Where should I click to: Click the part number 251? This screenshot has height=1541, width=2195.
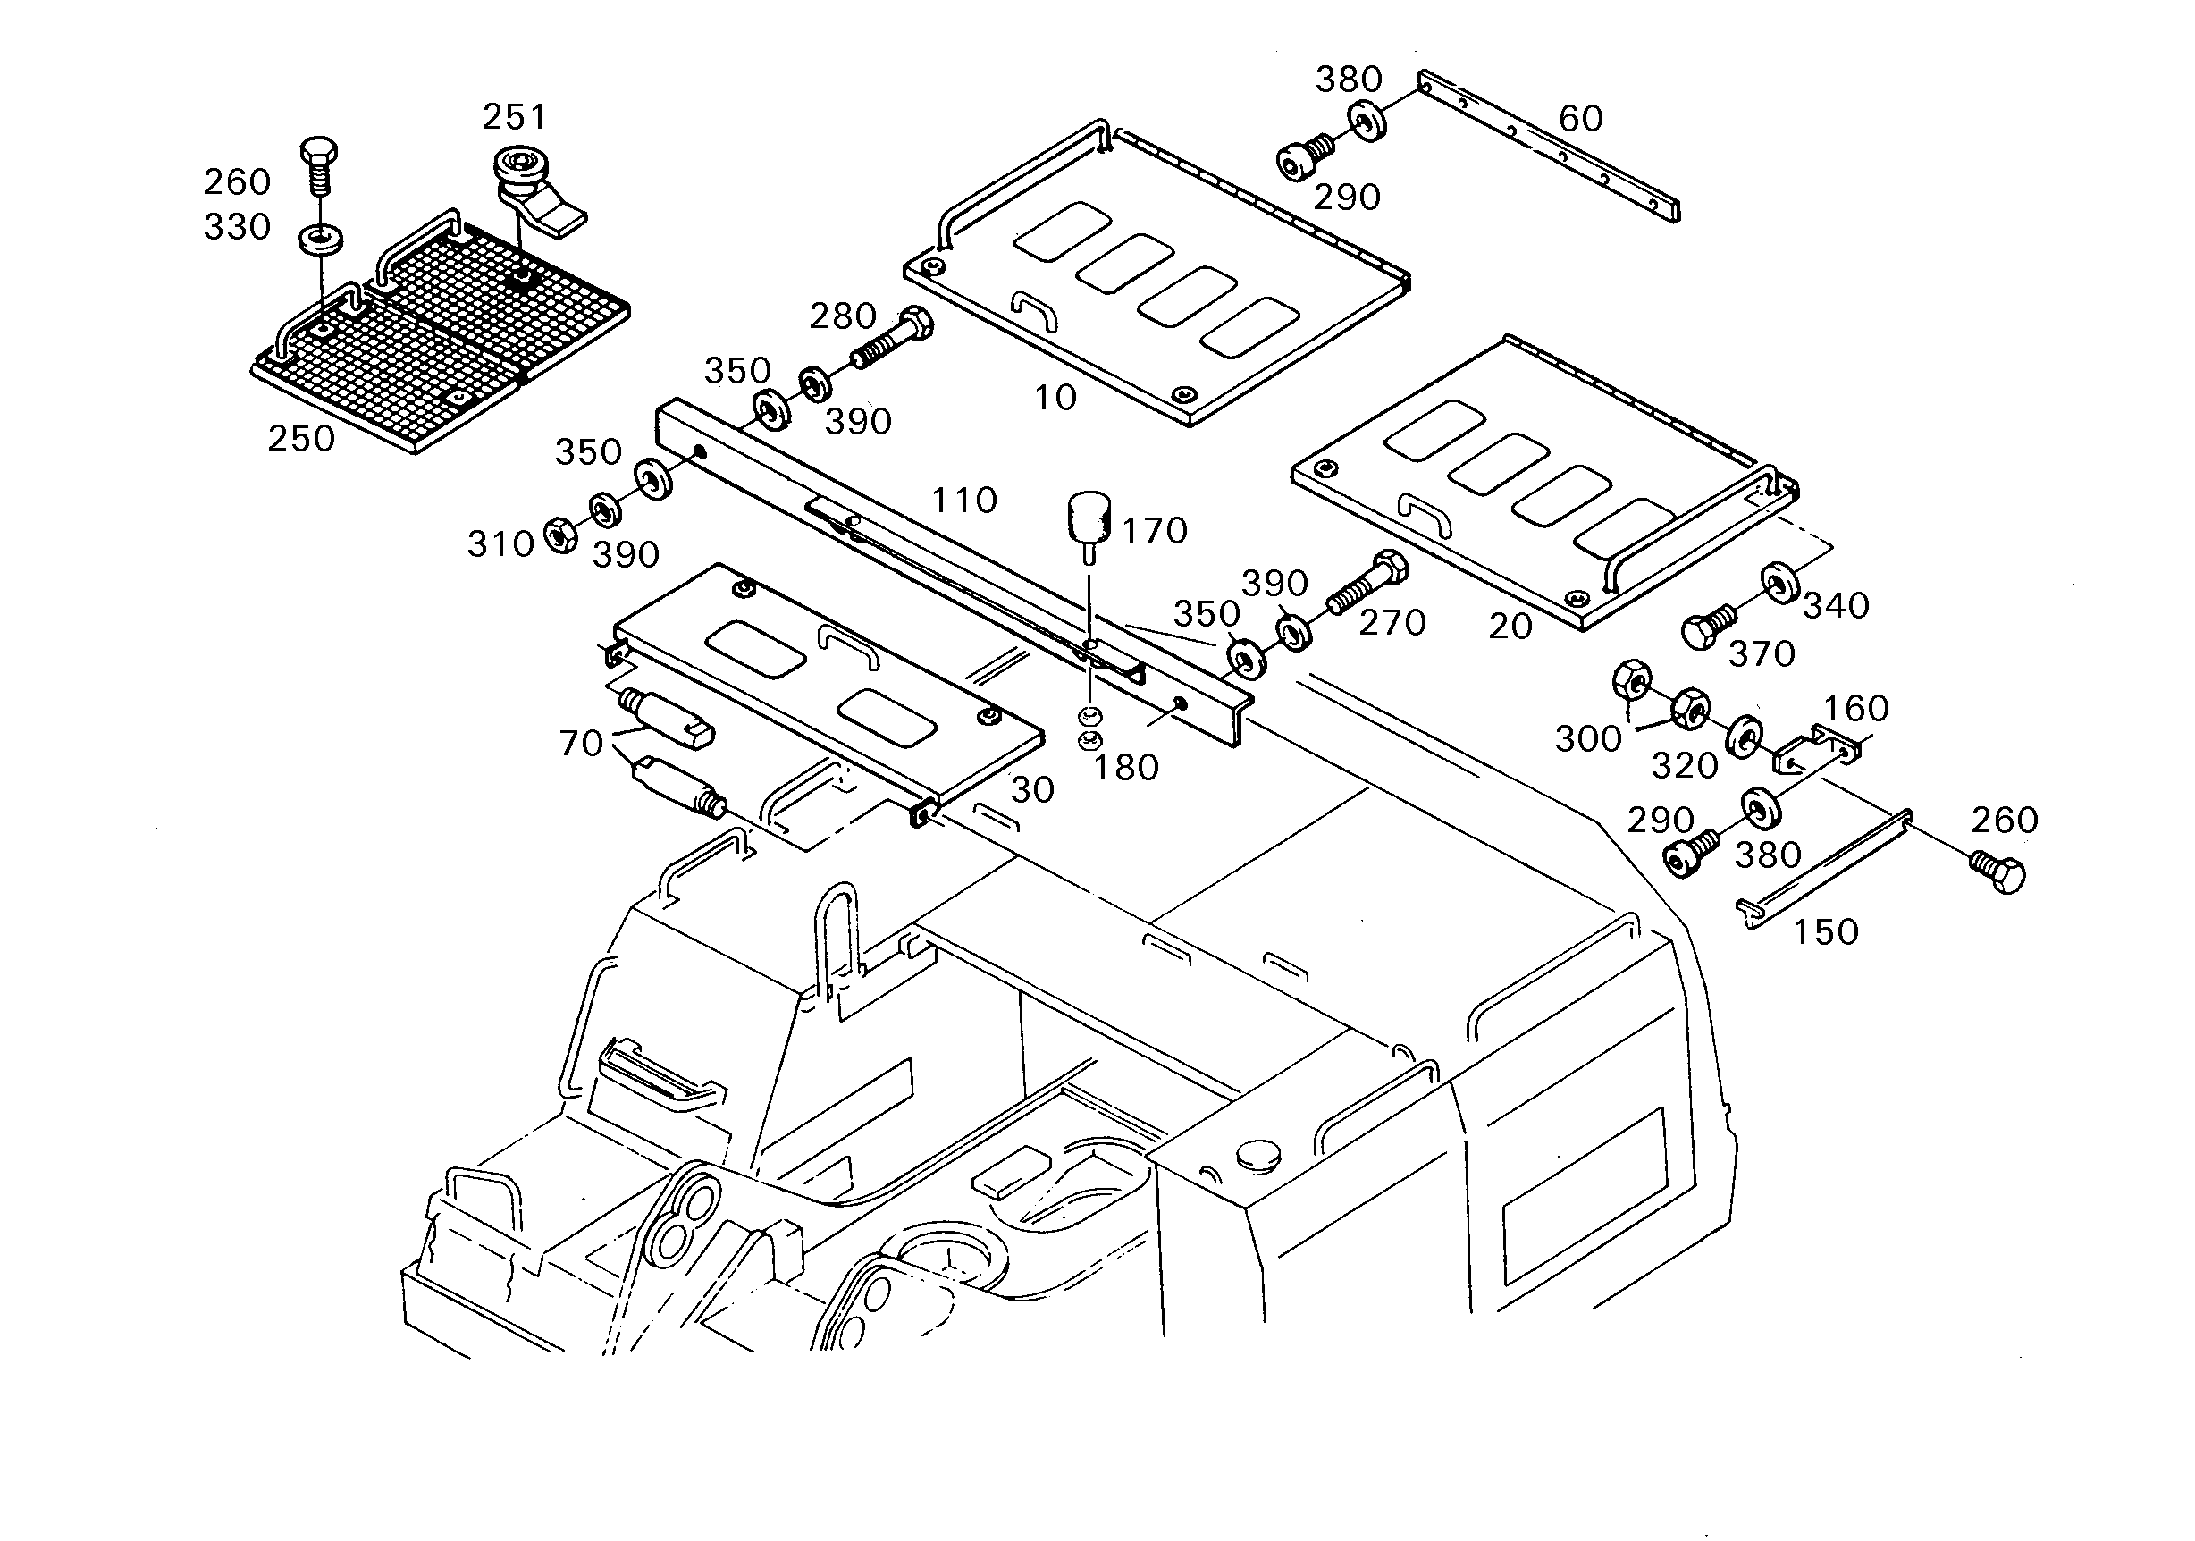[514, 118]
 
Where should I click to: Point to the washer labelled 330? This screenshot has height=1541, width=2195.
[320, 239]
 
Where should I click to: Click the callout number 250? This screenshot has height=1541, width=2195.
[301, 439]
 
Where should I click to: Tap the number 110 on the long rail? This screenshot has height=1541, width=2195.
[963, 500]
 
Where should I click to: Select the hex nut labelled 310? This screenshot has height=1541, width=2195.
[559, 534]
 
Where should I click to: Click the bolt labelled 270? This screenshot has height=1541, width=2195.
[1367, 583]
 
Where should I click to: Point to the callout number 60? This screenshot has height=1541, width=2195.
[1580, 119]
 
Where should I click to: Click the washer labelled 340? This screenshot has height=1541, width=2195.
[1779, 584]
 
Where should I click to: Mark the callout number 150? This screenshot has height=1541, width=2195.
[1825, 932]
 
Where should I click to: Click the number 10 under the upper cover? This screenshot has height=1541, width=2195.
[1055, 398]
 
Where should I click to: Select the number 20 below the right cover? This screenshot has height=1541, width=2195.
[1510, 627]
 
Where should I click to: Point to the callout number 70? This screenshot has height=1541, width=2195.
[581, 743]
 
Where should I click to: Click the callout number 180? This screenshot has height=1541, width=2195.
[1125, 768]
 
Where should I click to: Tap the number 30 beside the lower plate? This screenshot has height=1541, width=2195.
[1032, 789]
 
